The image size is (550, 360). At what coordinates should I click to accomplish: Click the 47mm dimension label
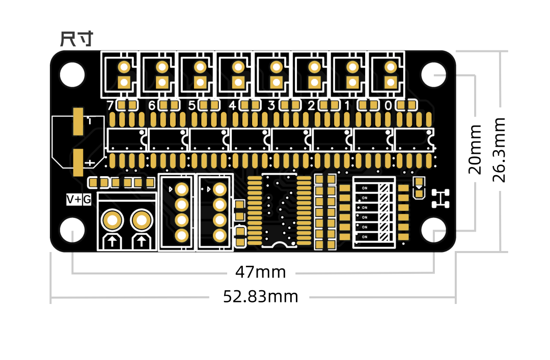260,272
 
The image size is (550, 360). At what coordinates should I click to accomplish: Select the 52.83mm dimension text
260,296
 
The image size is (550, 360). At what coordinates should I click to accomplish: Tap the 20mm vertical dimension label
475,149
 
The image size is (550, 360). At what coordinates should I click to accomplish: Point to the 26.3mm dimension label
499,149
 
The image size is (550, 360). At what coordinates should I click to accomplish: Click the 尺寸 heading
76,39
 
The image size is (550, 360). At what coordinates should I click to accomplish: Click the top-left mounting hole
72,75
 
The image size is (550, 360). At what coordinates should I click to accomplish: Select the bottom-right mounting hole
434,230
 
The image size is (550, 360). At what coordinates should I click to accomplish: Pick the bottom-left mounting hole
72,230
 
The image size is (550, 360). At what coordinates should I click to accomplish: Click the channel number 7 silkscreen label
109,106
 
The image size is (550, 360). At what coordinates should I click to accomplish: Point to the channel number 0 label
388,106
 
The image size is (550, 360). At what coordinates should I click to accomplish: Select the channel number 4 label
232,106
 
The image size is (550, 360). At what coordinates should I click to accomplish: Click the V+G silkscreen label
79,200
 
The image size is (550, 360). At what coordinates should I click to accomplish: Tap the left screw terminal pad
112,221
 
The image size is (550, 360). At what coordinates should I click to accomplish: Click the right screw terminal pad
141,221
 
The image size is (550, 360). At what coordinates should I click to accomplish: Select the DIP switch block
374,212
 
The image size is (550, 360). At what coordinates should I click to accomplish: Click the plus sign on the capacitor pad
89,163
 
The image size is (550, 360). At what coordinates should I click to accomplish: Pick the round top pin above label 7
124,67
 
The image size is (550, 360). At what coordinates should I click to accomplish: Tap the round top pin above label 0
391,67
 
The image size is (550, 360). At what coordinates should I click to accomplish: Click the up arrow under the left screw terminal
112,241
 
